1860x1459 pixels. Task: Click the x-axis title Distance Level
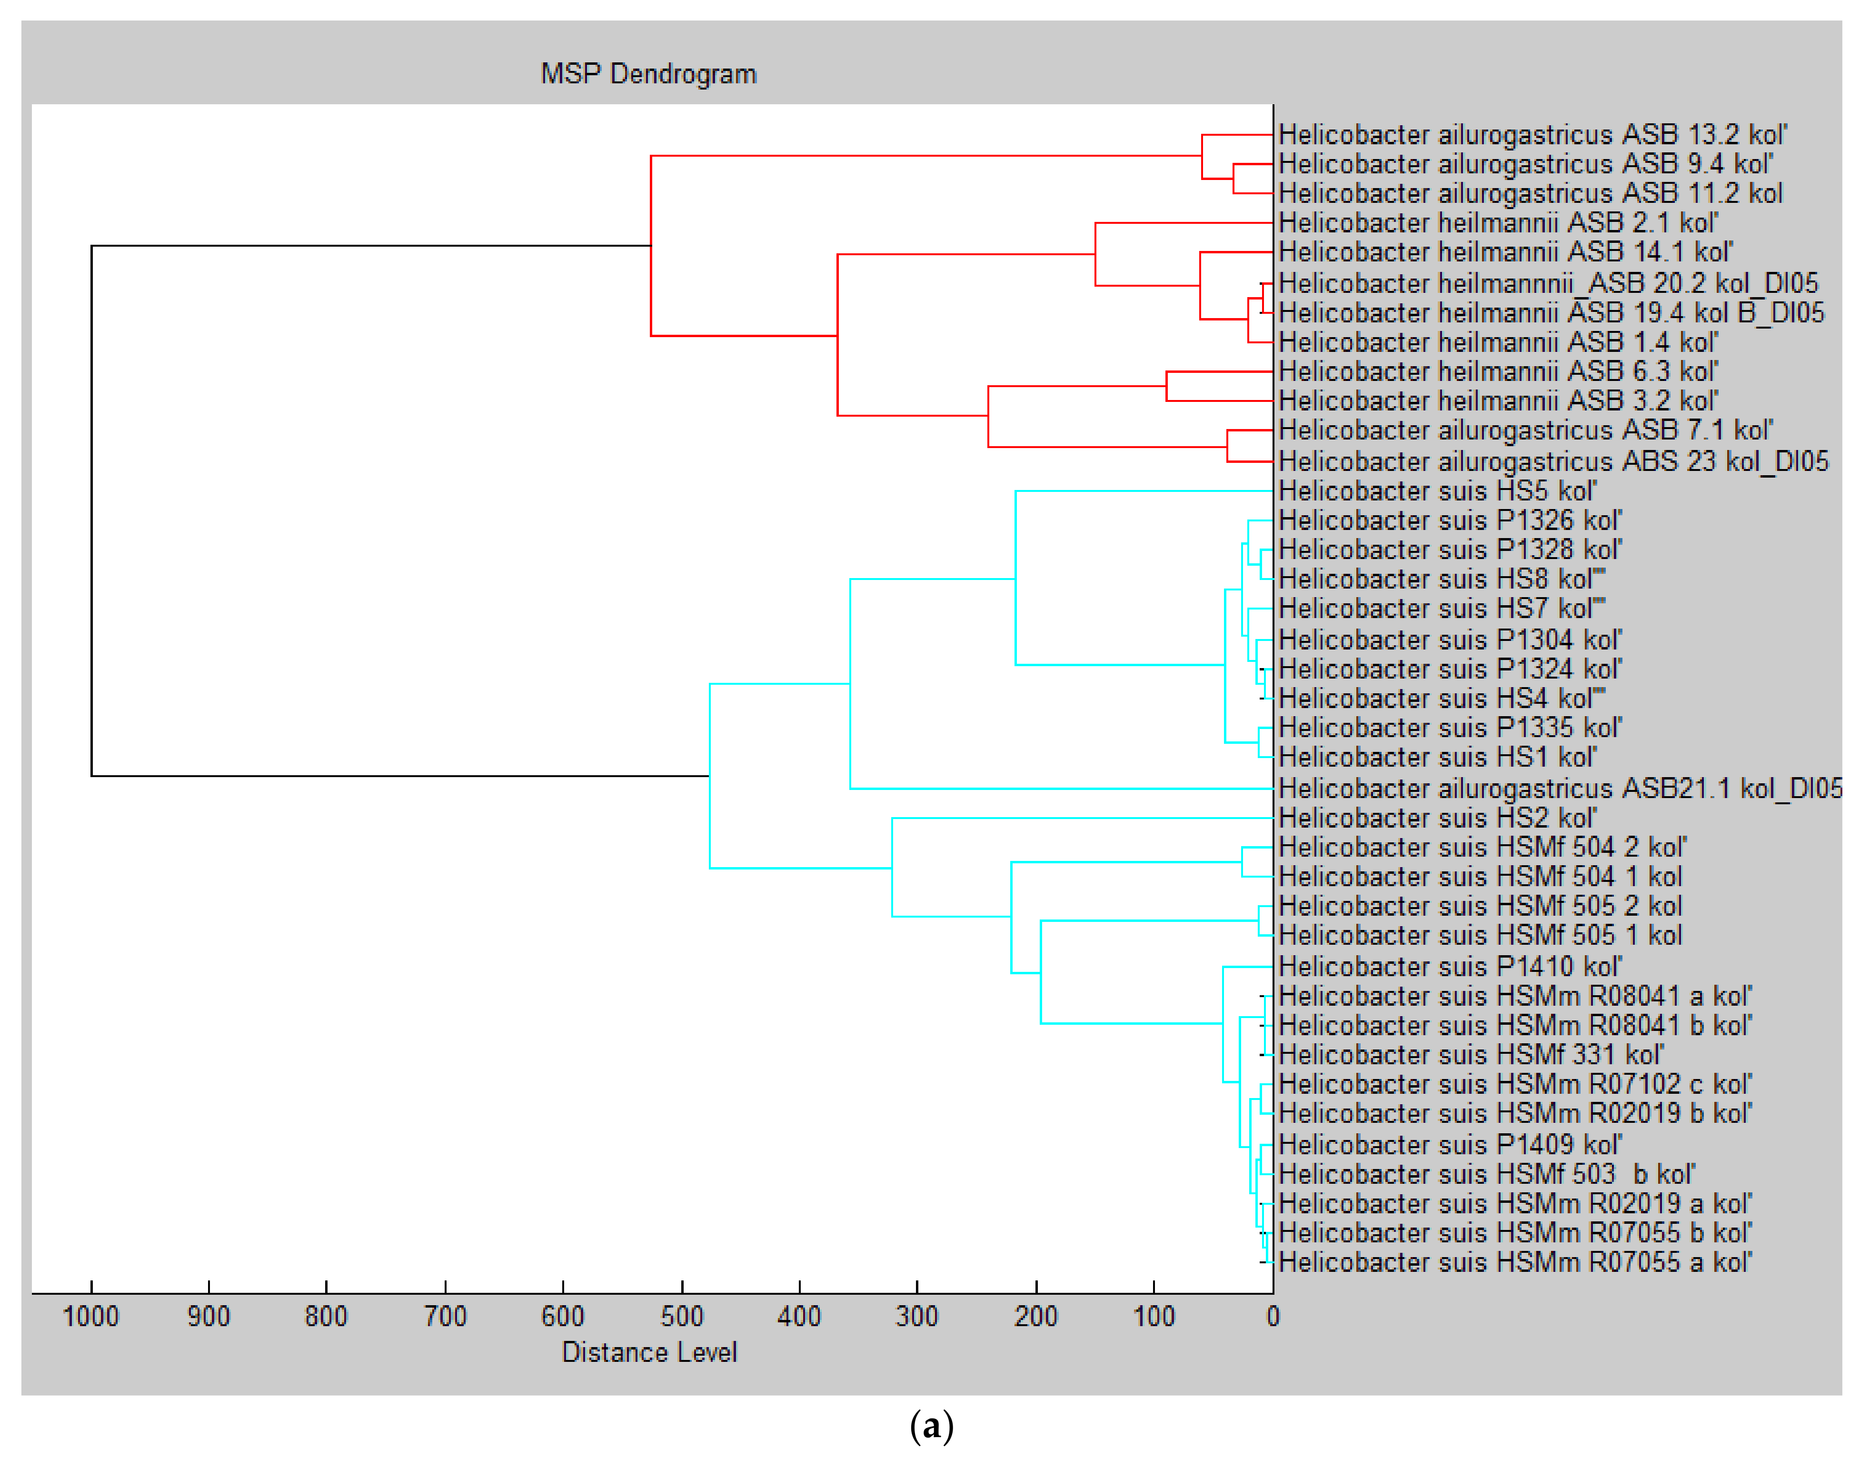pyautogui.click(x=649, y=1352)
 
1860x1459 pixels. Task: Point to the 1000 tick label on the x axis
pyautogui.click(x=90, y=1316)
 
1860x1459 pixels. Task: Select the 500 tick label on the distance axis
pyautogui.click(x=681, y=1316)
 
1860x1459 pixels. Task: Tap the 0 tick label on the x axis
pyautogui.click(x=1273, y=1316)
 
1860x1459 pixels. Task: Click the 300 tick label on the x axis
pyautogui.click(x=916, y=1316)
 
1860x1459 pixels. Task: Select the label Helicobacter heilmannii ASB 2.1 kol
pyautogui.click(x=1498, y=223)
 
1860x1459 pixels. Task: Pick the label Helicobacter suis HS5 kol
pyautogui.click(x=1437, y=491)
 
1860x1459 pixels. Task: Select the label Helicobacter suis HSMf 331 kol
pyautogui.click(x=1471, y=1055)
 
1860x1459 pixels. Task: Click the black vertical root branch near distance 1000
pyautogui.click(x=91, y=511)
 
